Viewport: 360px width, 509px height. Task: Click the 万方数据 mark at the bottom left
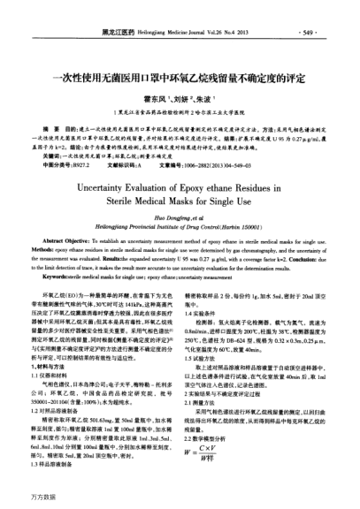coord(24,499)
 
